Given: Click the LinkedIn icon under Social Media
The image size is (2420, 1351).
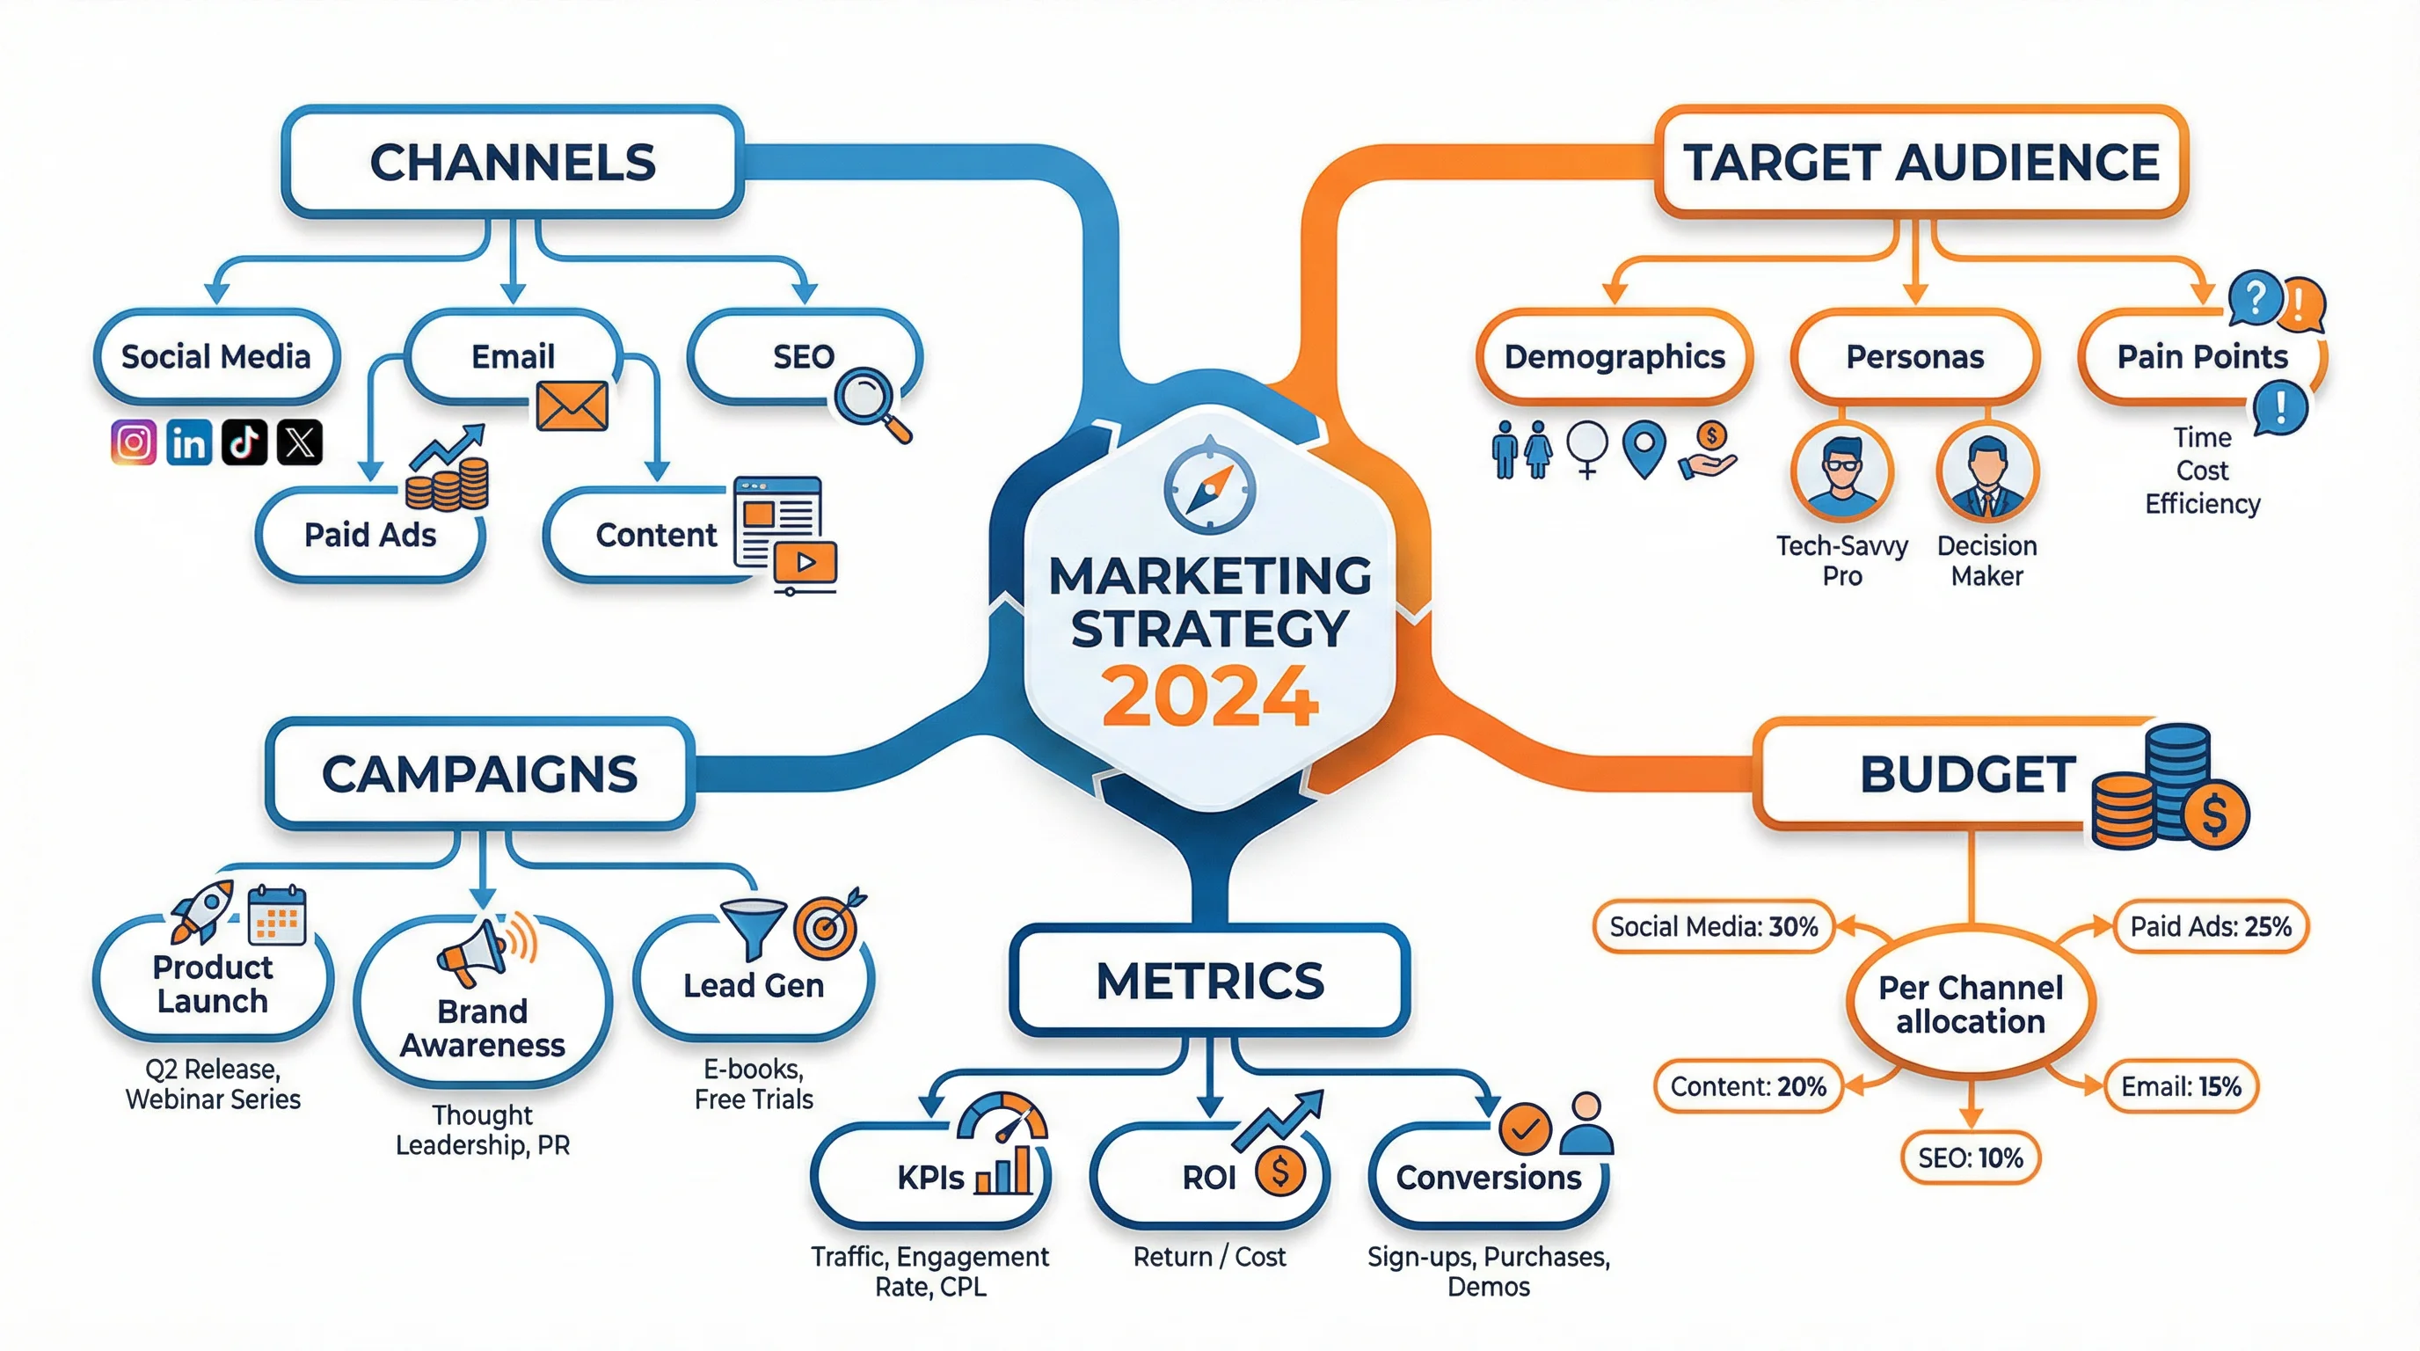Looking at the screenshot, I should (189, 442).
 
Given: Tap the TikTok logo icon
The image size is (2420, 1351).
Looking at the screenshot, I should (244, 442).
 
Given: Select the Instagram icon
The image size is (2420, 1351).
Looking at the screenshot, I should (134, 442).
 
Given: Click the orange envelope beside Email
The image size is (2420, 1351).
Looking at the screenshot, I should (572, 405).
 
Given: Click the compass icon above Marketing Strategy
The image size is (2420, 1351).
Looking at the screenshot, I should (1209, 486).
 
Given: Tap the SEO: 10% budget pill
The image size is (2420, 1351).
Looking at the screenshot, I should (1970, 1157).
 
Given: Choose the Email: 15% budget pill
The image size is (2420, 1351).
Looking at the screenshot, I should (2181, 1086).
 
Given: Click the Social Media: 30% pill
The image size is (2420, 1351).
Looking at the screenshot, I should (1714, 926).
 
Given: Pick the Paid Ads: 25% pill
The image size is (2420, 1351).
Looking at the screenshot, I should (2211, 926).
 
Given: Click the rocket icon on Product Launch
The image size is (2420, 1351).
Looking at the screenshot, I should (201, 910).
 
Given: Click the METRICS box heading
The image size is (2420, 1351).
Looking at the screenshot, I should (1209, 981).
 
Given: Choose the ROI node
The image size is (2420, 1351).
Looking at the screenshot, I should (1209, 1176).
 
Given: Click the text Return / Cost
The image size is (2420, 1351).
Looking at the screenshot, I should (1209, 1256).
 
